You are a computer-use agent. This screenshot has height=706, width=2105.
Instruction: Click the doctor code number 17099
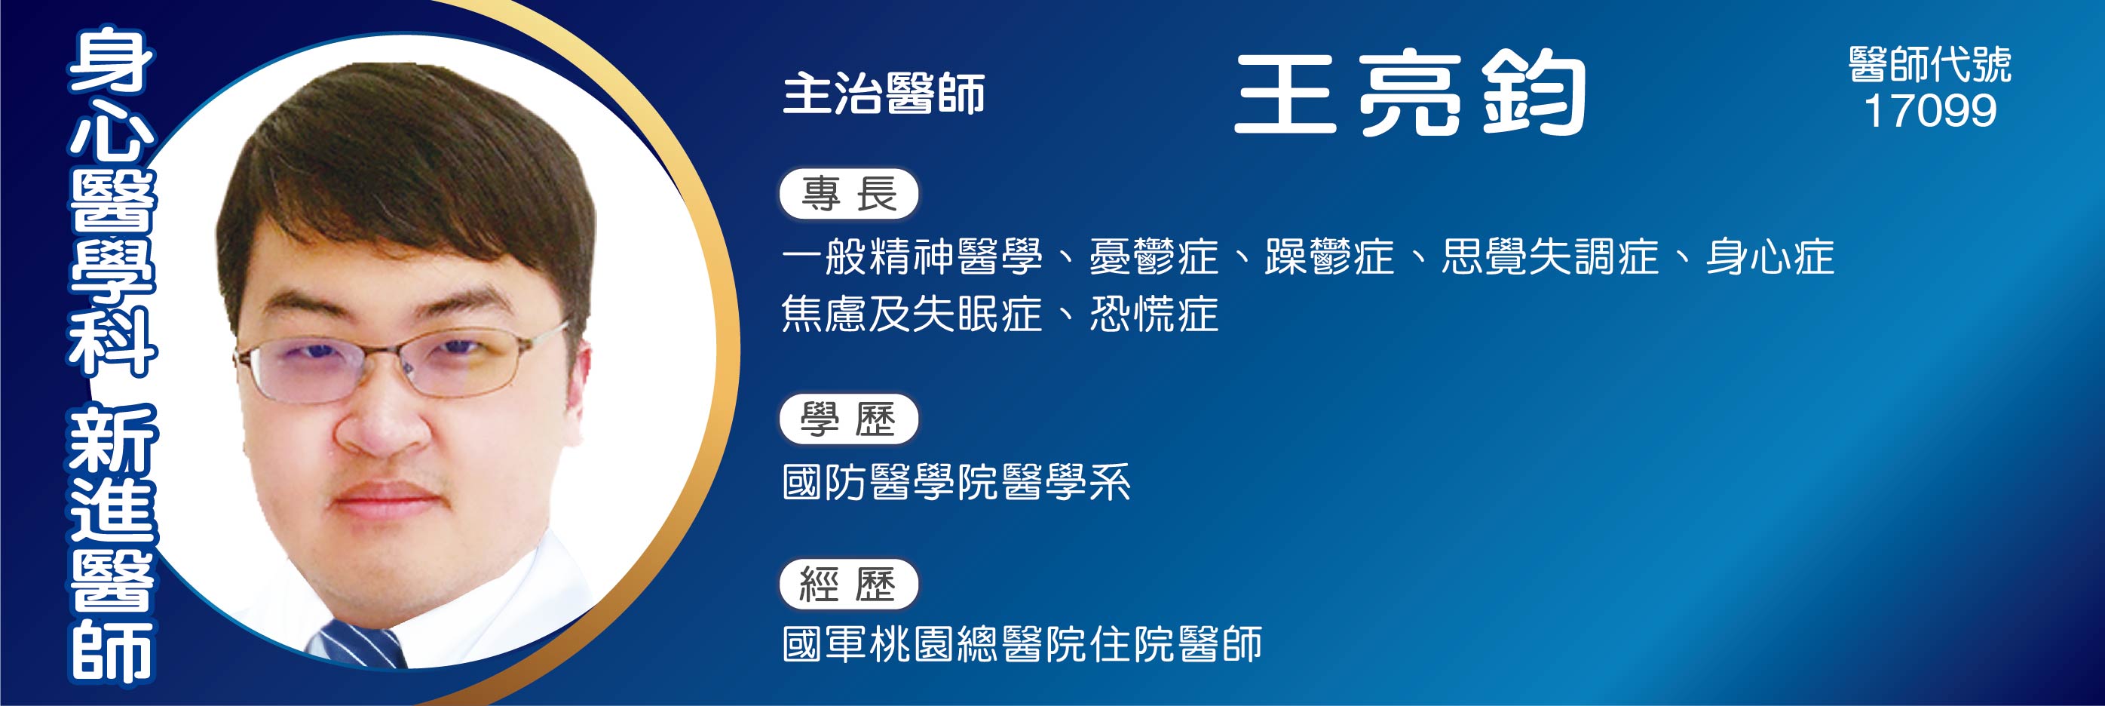[x=1930, y=111]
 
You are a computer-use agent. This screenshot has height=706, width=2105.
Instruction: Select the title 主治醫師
[x=884, y=94]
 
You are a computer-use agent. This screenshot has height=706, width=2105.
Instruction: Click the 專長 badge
[x=849, y=195]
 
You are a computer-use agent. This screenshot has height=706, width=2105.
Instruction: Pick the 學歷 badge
[x=849, y=420]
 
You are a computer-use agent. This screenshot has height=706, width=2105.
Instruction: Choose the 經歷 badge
[x=849, y=585]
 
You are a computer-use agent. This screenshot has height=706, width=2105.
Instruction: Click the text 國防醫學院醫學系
[x=956, y=481]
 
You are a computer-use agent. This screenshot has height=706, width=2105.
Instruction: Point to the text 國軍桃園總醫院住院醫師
[x=1022, y=644]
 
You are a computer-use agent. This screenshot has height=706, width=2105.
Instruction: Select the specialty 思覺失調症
[x=1550, y=256]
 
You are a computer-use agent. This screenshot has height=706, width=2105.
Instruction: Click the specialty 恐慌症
[x=1154, y=315]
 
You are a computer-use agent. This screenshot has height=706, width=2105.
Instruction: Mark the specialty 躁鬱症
[x=1329, y=256]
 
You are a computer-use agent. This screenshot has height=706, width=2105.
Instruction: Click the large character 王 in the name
[x=1285, y=94]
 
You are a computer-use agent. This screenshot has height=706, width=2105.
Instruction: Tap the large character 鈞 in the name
[x=1534, y=94]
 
